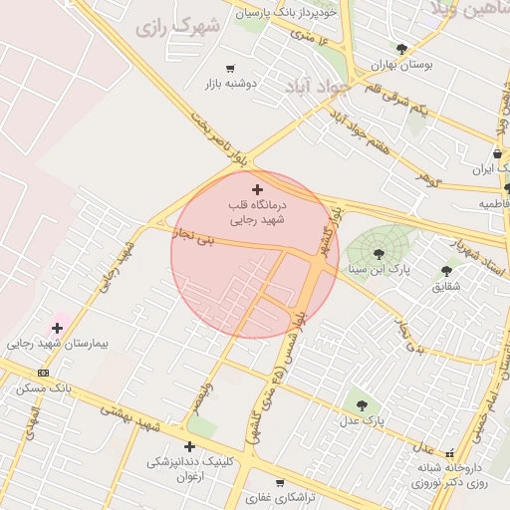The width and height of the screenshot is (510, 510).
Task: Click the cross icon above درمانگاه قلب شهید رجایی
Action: pyautogui.click(x=258, y=189)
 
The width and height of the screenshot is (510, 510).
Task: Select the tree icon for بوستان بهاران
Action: pyautogui.click(x=401, y=49)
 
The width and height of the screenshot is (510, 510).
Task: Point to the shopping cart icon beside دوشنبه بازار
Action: pyautogui.click(x=231, y=69)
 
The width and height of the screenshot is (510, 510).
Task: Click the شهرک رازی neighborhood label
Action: pyautogui.click(x=179, y=27)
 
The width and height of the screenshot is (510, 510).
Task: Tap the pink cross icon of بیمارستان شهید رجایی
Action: pyautogui.click(x=58, y=327)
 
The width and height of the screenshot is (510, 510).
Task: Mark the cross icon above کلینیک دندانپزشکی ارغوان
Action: pyautogui.click(x=189, y=447)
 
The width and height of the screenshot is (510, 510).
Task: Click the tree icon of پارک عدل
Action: pyautogui.click(x=361, y=405)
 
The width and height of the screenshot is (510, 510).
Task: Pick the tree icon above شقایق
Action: pyautogui.click(x=446, y=270)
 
